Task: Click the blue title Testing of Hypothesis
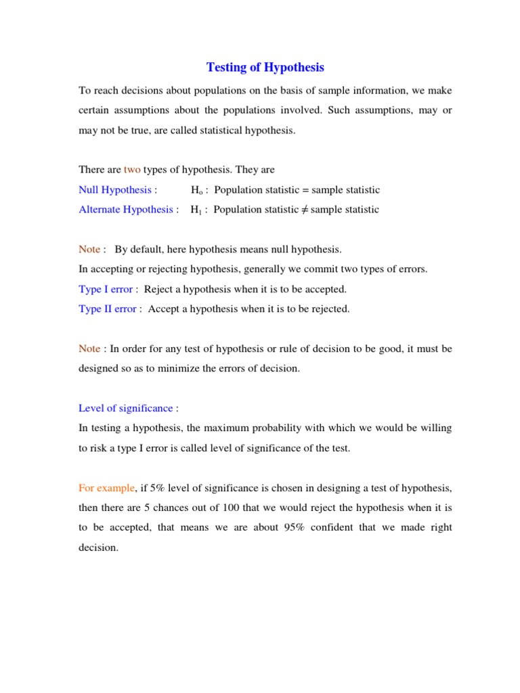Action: (x=265, y=68)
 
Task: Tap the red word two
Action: (x=132, y=170)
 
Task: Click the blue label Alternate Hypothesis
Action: (x=126, y=210)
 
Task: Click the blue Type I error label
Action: (x=106, y=290)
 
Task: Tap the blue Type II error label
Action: (x=108, y=309)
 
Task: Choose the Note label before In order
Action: (x=89, y=349)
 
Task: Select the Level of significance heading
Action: (x=126, y=409)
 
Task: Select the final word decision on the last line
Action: (x=98, y=548)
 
